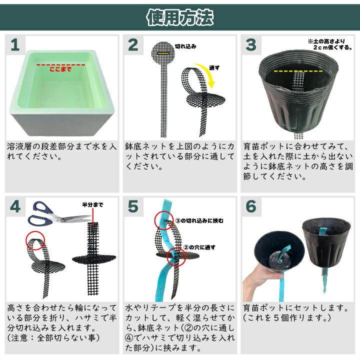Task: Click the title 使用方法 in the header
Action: [180, 17]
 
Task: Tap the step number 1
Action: [15, 45]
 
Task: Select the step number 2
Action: [133, 45]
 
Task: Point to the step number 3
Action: [250, 45]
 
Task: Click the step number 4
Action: [15, 206]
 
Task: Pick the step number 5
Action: [133, 206]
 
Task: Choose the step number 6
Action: [251, 206]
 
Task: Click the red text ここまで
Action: [60, 69]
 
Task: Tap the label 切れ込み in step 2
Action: [185, 46]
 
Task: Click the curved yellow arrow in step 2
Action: [208, 73]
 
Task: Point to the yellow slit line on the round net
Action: [163, 53]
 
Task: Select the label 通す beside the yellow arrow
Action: [214, 67]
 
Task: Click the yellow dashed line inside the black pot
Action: [298, 71]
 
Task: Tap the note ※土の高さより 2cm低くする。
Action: [330, 44]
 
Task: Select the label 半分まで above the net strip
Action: [93, 204]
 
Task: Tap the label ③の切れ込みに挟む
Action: [199, 221]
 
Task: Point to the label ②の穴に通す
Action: [199, 247]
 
